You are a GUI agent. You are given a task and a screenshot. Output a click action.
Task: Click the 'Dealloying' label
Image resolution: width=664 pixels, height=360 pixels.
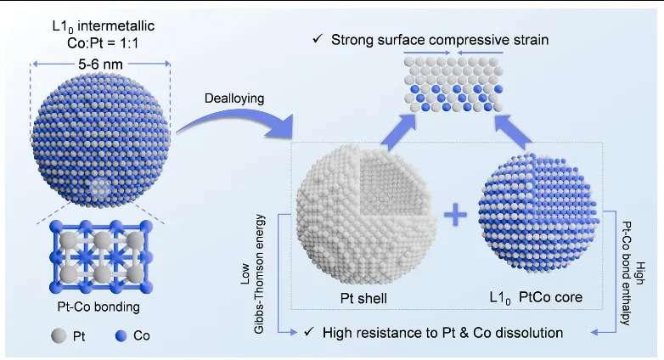234,98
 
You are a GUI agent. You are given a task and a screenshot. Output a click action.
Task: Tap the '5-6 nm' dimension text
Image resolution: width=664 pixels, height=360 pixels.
100,64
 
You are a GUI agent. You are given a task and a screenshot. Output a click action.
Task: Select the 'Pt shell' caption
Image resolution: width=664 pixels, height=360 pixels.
363,298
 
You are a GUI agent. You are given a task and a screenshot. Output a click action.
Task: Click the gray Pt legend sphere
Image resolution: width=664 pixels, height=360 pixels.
59,336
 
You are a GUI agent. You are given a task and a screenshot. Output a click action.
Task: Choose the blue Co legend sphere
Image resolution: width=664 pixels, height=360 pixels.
121,336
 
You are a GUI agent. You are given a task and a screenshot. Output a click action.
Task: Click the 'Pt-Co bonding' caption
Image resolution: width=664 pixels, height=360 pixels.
98,307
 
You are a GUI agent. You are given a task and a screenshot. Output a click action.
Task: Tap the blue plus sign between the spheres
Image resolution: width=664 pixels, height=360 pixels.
456,215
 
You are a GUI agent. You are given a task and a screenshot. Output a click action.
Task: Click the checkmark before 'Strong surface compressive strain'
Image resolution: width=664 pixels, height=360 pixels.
318,39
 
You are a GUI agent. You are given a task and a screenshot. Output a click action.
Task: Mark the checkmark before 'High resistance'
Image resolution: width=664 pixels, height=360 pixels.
309,332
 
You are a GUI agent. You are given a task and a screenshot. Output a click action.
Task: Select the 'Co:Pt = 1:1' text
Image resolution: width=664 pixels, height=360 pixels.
103,42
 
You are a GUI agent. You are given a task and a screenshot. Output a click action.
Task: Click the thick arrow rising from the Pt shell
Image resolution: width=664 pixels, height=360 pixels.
400,131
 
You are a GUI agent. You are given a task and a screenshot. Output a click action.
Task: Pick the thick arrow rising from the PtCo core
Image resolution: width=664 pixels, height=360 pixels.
513,131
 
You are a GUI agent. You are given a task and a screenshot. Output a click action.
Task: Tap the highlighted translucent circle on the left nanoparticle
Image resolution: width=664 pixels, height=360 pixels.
100,188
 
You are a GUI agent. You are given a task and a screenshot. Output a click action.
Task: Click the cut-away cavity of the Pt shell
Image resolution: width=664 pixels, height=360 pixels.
391,185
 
